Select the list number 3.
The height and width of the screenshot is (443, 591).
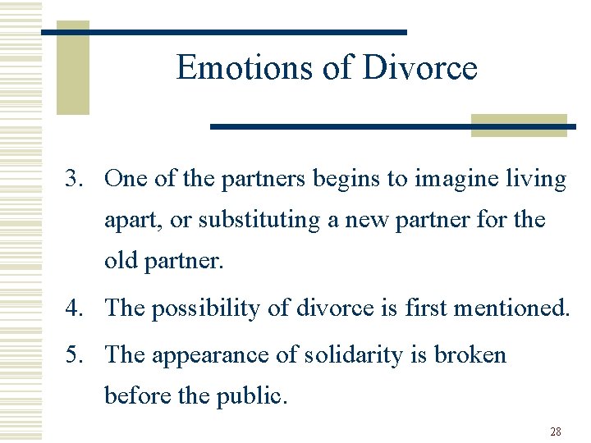(x=76, y=179)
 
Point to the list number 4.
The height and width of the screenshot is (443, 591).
(x=76, y=308)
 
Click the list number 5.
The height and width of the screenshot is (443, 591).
(x=76, y=355)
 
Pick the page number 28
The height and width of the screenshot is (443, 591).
(x=556, y=432)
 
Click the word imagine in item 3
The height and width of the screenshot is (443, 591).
(x=460, y=179)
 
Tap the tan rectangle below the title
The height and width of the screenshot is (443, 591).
(x=519, y=125)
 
